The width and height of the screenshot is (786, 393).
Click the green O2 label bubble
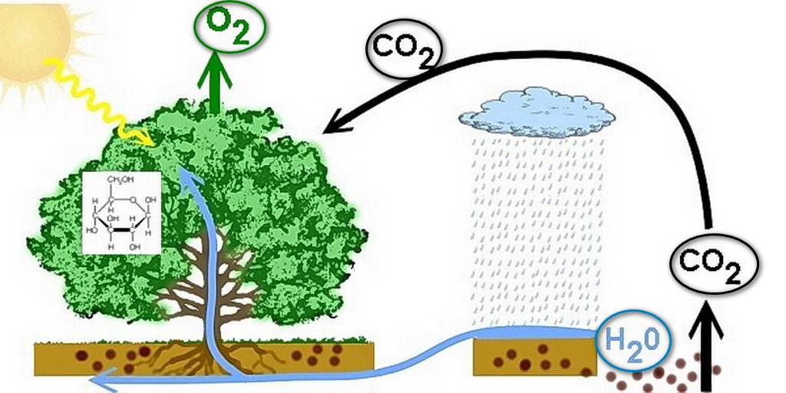pos(230,25)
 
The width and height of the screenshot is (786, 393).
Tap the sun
pos(31,38)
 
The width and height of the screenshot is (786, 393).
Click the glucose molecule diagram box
pos(121,213)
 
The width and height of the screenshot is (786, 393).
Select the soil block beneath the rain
pos(533,356)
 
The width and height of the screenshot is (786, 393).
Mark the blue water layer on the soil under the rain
pos(537,333)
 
